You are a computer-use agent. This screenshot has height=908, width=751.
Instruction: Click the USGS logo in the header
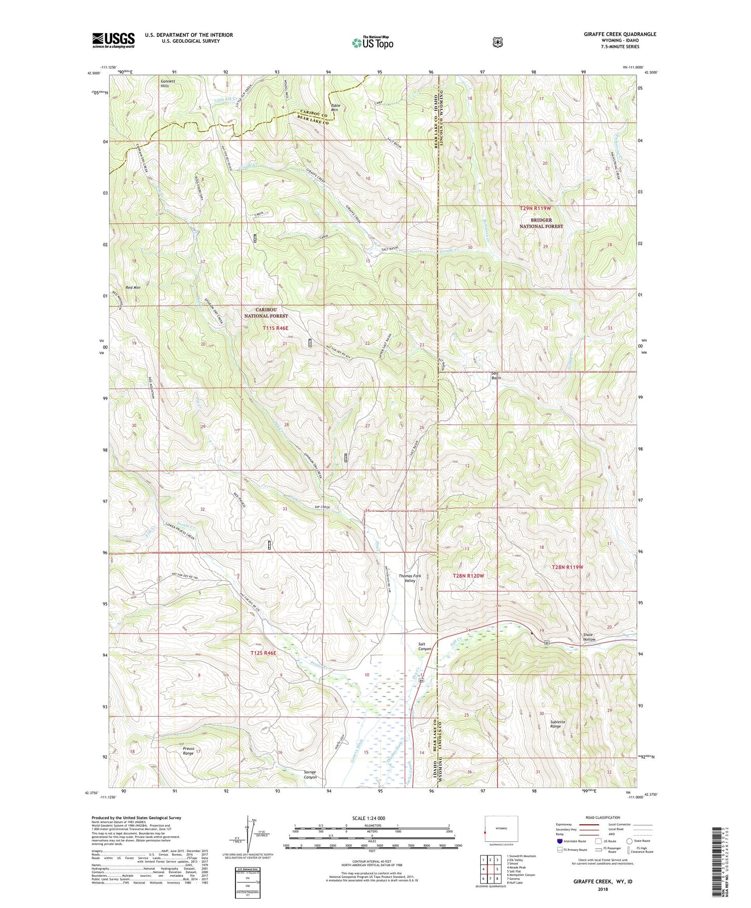[113, 40]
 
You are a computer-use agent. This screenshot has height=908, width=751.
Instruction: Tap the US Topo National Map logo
[372, 42]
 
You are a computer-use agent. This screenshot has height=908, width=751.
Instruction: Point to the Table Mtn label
[335, 108]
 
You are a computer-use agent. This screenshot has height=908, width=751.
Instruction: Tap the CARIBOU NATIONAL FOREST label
[266, 313]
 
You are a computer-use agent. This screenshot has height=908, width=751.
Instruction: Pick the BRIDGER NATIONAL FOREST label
[542, 223]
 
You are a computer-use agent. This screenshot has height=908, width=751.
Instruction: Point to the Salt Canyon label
[425, 646]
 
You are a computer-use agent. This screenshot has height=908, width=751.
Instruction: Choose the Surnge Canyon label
[310, 774]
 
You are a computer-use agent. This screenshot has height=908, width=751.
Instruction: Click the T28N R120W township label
[468, 576]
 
